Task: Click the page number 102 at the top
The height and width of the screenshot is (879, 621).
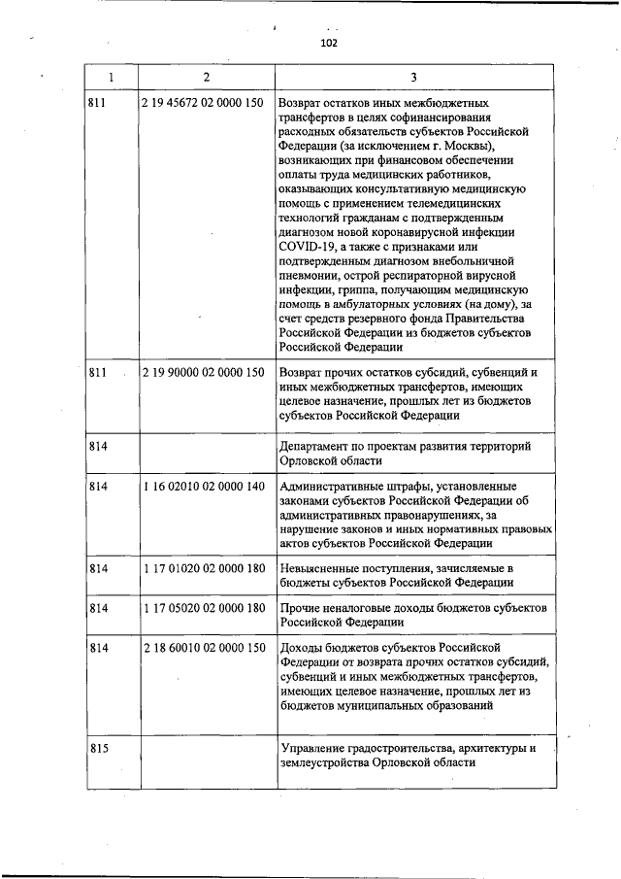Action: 327,43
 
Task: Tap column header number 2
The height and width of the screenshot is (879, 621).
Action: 205,76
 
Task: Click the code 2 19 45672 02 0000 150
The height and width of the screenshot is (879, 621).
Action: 203,102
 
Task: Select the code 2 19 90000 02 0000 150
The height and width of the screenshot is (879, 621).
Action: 203,372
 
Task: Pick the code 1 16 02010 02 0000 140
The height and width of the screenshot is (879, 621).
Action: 203,486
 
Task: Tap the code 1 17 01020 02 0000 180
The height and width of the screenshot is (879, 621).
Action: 203,567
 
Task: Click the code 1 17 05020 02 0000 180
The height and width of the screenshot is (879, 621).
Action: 203,608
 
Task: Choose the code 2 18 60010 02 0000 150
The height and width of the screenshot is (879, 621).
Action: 203,647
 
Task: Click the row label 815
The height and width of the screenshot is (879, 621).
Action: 97,748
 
